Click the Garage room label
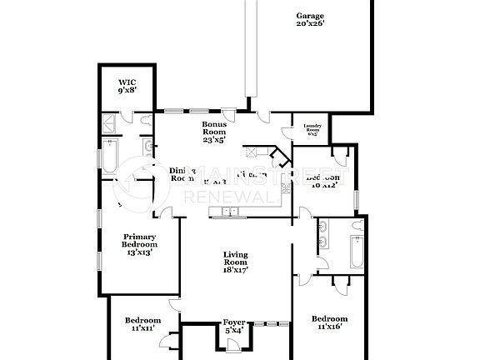pos(310,16)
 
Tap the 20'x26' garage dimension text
pos(310,25)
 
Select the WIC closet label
pos(126,82)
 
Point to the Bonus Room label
pos(214,127)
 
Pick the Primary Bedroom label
pos(140,240)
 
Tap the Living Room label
pos(235,258)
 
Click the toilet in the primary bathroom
pos(147,122)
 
